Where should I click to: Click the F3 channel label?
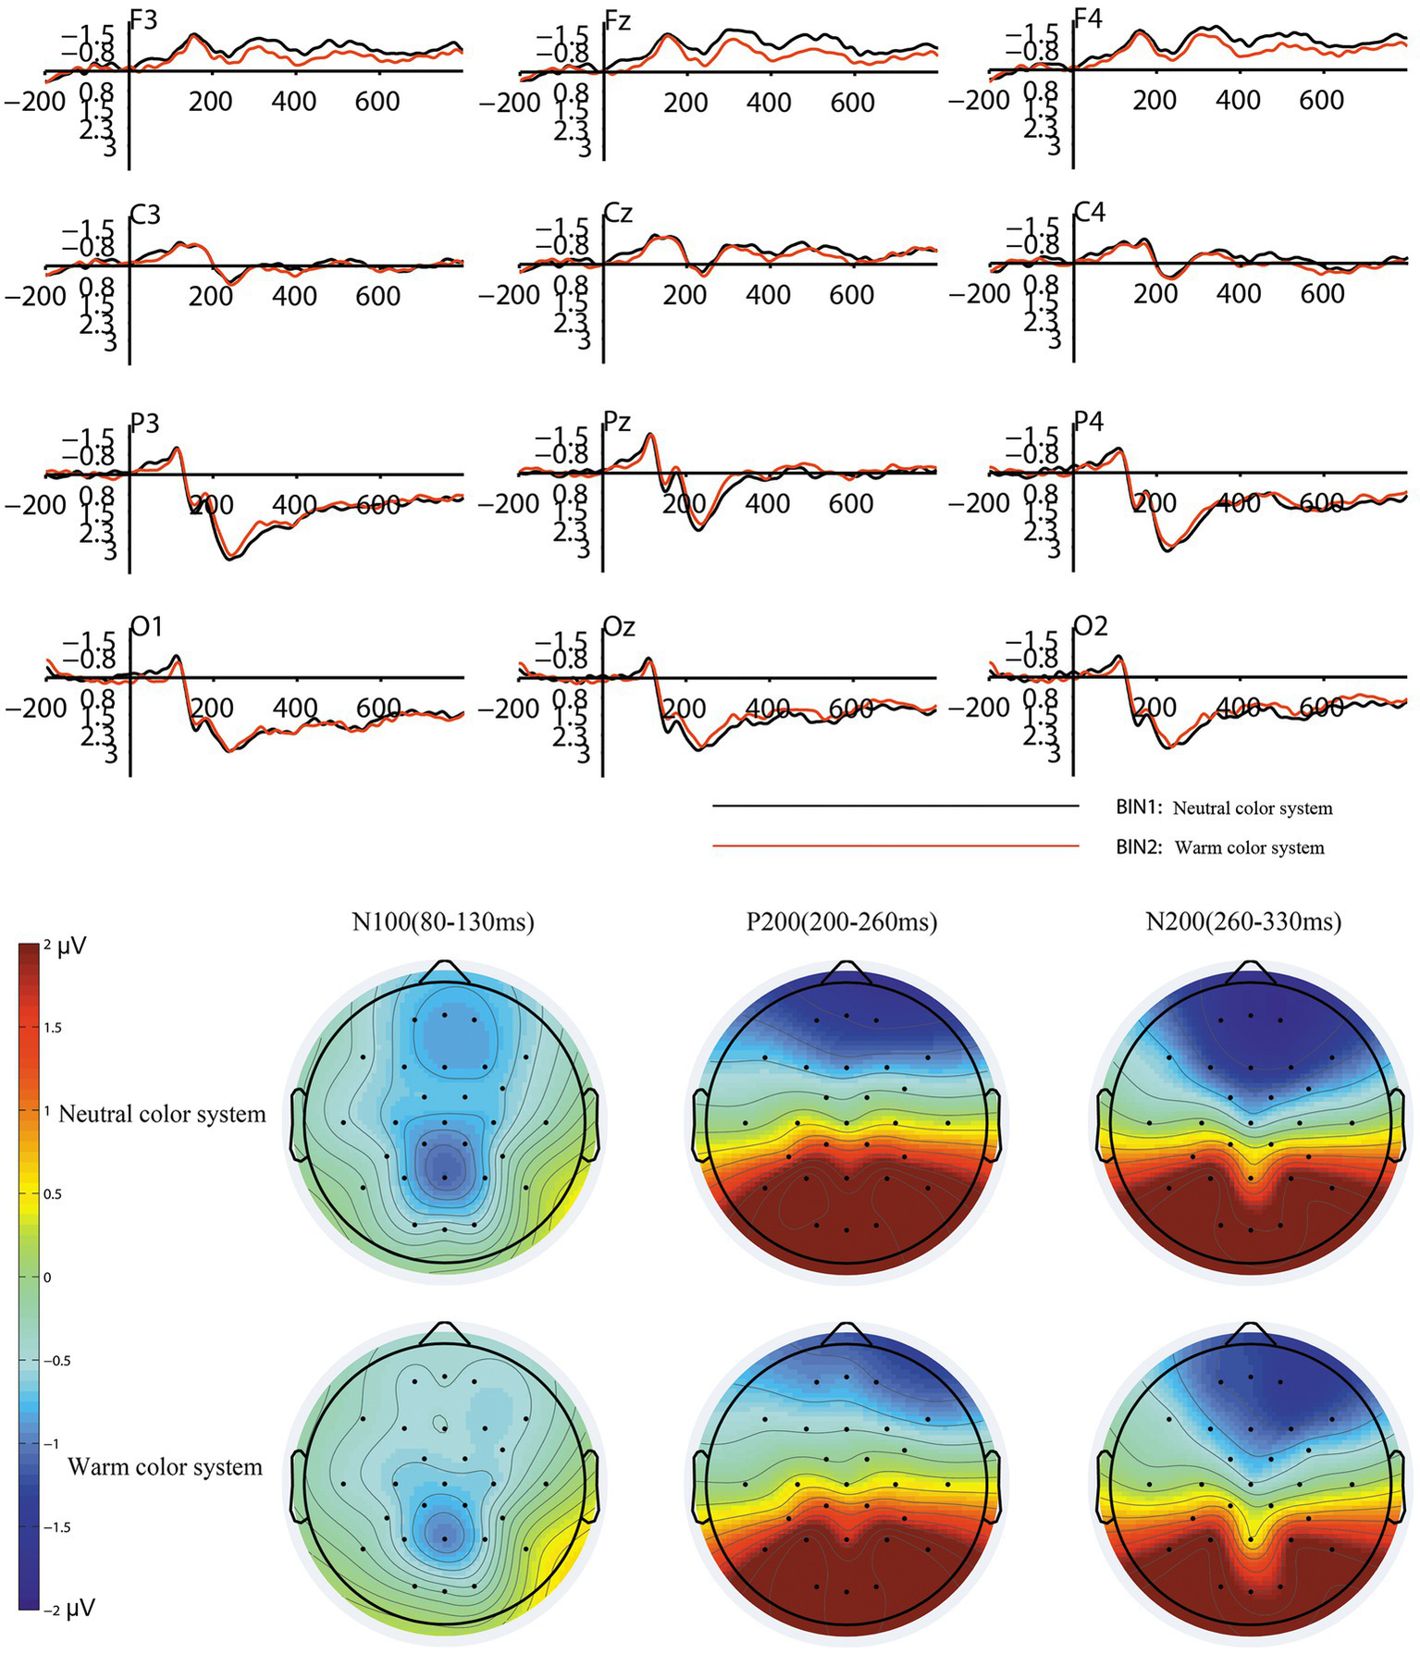[x=144, y=19]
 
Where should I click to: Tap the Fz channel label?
[x=618, y=19]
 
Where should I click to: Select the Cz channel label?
[x=618, y=214]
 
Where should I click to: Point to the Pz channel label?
[x=617, y=423]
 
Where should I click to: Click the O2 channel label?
[x=1091, y=627]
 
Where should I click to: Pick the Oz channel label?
[x=619, y=627]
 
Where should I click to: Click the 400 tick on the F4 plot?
[x=1238, y=100]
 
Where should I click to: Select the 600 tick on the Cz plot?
[x=851, y=295]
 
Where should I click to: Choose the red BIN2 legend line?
[x=895, y=846]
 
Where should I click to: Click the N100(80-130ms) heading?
[x=443, y=921]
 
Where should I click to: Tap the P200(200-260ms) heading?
[x=842, y=921]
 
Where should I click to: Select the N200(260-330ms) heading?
[x=1243, y=921]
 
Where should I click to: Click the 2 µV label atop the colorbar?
[x=63, y=947]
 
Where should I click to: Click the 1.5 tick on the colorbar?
[x=55, y=1028]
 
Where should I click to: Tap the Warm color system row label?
[x=165, y=1467]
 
